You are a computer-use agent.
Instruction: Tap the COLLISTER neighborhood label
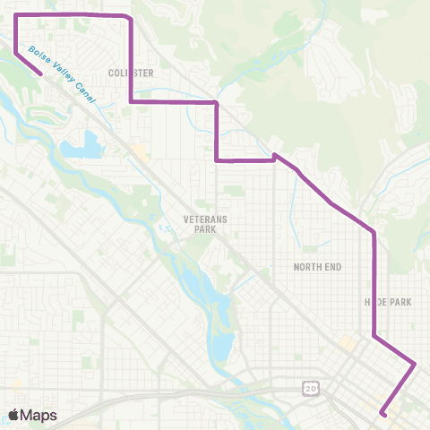point(131,73)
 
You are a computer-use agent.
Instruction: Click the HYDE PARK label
point(387,302)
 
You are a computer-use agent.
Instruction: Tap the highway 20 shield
point(310,387)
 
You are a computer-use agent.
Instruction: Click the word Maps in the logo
point(39,415)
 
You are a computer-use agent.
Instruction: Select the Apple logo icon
point(15,415)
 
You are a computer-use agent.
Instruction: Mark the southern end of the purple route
point(383,413)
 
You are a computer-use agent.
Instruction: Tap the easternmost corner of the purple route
point(416,364)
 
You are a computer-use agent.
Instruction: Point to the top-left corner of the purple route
point(16,15)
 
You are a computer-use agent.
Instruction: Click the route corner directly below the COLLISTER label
point(132,102)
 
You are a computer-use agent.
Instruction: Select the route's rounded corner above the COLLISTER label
point(132,18)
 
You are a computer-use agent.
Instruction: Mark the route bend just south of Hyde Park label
point(374,338)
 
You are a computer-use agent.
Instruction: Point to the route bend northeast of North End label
point(373,232)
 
